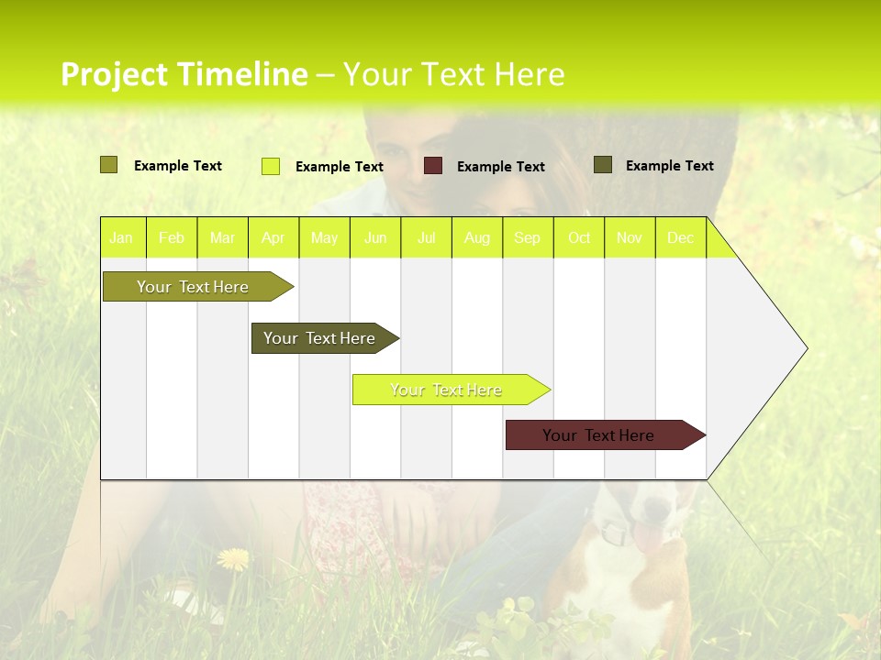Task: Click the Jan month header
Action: tap(121, 238)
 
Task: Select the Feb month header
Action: tap(172, 238)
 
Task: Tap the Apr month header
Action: tap(273, 238)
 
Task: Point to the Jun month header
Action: tap(375, 238)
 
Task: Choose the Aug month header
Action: tap(477, 238)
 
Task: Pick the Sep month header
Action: tap(528, 238)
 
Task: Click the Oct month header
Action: tap(579, 238)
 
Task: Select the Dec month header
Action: tap(681, 238)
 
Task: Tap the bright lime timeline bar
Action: tap(448, 390)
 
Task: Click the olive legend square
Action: tap(108, 165)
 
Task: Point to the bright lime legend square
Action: tap(271, 166)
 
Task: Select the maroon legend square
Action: tap(433, 166)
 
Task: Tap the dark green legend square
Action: tap(603, 165)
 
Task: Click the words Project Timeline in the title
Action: tap(184, 74)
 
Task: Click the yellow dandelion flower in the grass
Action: tap(233, 558)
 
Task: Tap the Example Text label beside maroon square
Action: tap(500, 167)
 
